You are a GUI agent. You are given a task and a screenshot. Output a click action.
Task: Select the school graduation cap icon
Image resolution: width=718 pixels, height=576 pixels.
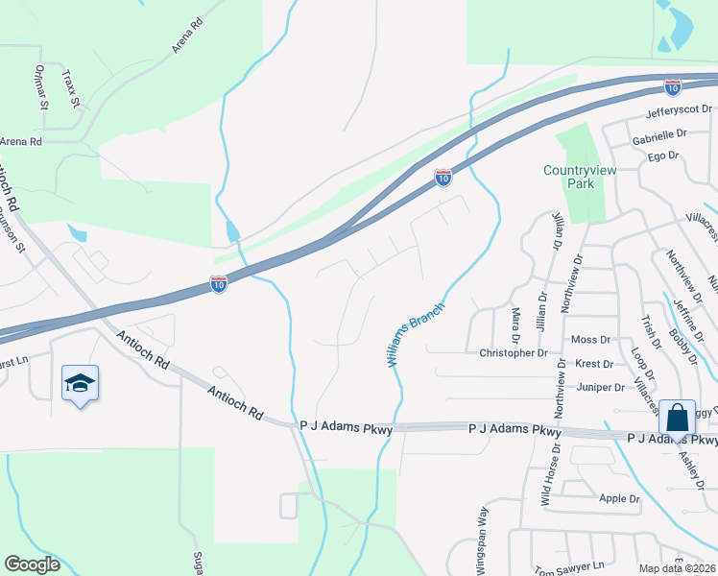(x=81, y=384)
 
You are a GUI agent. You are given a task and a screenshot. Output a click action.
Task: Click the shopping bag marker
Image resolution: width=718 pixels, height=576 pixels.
(x=678, y=420)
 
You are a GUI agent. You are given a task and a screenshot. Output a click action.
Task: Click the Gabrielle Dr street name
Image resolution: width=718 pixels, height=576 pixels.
(x=659, y=136)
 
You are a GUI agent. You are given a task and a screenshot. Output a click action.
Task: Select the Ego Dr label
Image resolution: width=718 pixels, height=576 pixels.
(x=662, y=156)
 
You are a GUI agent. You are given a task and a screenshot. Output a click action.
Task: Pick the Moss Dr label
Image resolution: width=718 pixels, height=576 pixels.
(x=590, y=340)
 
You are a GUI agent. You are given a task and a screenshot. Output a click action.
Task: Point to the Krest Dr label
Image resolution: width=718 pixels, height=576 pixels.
(x=595, y=365)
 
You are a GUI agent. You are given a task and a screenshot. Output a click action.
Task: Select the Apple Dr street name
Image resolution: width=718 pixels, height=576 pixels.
(x=619, y=499)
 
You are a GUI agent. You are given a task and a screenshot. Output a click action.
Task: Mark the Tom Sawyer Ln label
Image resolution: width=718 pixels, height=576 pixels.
(x=570, y=567)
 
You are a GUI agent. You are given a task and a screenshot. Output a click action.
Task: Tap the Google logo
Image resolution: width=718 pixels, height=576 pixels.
(x=32, y=564)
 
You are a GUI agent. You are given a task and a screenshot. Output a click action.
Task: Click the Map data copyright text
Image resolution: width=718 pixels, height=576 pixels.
(x=678, y=568)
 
